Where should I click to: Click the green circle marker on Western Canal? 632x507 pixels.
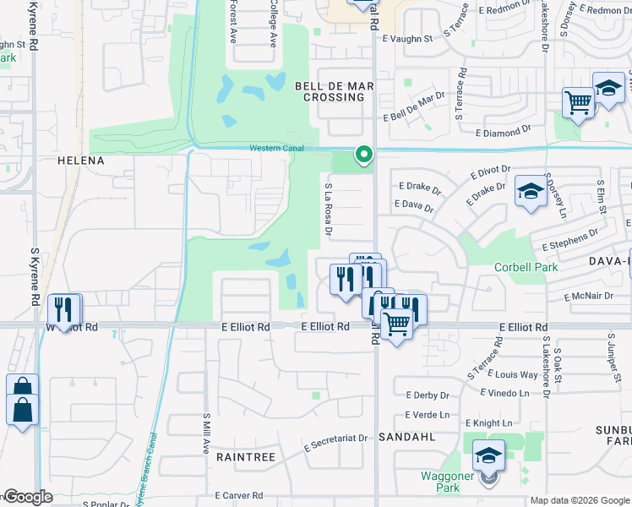pos(364,154)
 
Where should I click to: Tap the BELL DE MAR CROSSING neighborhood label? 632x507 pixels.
pos(330,91)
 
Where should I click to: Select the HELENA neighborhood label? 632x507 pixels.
pos(80,161)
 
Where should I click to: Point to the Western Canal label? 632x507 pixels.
pos(277,149)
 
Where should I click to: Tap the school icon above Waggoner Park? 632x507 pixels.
pos(488,456)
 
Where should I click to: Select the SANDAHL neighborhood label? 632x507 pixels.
pos(406,438)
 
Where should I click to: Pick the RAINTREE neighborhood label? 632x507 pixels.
pos(245,456)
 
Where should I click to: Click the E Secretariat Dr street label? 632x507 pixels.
pos(336,438)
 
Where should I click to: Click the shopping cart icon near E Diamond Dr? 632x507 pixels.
pos(578,103)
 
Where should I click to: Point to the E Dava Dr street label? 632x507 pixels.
pos(413,205)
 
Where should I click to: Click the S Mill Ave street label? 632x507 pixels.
pos(205,433)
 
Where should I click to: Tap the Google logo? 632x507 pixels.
pos(27,498)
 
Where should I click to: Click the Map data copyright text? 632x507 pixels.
pos(579,500)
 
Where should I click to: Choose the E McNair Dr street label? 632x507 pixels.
pos(589,297)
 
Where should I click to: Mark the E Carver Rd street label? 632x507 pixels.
pos(239,495)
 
